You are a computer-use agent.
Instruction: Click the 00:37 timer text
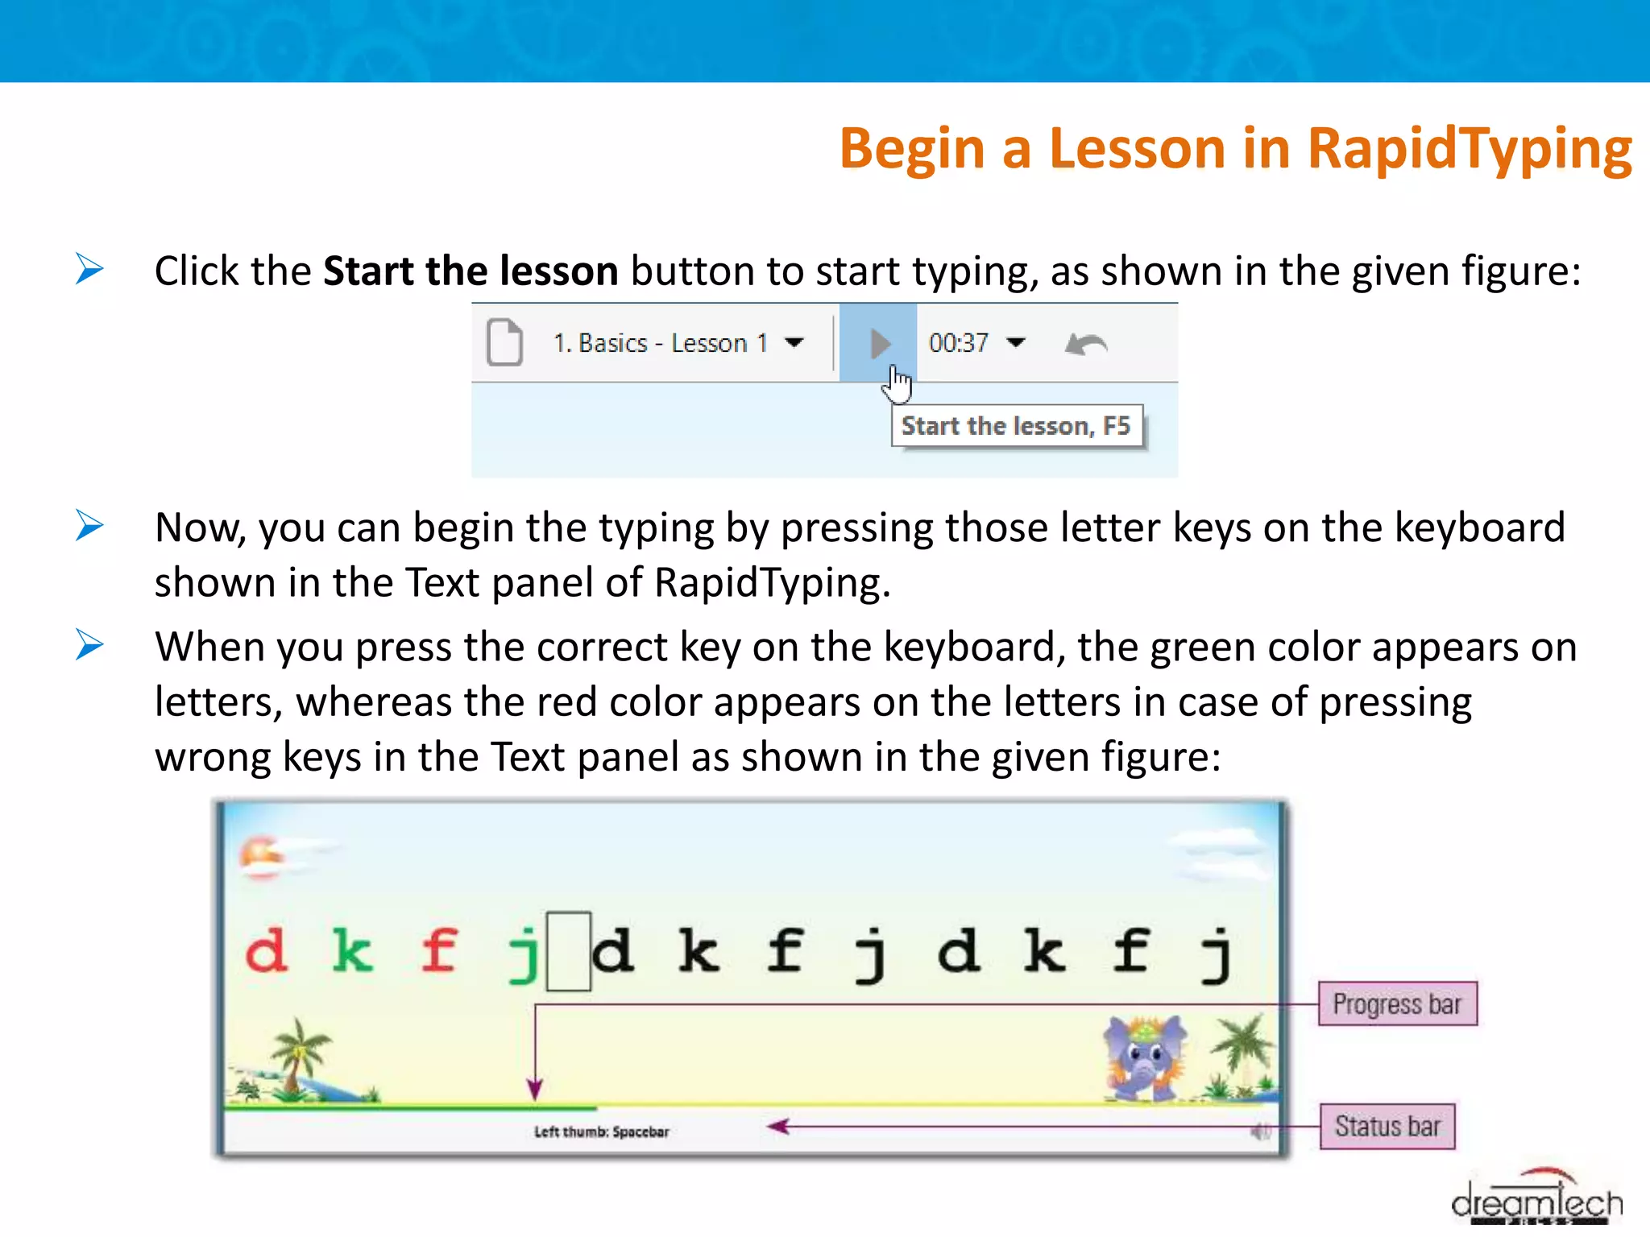958,343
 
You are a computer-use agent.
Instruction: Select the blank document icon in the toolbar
505,343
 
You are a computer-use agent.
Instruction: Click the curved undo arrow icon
1086,345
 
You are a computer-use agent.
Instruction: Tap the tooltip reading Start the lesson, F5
1016,426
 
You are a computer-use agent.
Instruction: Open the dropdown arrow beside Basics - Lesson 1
794,343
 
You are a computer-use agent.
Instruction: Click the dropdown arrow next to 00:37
1017,343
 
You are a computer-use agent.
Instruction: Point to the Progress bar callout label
1397,1004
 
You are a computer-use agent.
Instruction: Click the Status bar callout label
1387,1126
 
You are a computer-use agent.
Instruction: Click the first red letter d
267,952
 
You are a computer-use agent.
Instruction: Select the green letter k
353,952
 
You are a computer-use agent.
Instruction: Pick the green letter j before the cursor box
524,954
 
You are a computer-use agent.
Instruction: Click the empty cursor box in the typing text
569,951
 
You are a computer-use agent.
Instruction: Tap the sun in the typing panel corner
259,855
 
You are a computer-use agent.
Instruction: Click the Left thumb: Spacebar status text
602,1132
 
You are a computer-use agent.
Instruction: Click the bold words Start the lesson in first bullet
471,271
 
